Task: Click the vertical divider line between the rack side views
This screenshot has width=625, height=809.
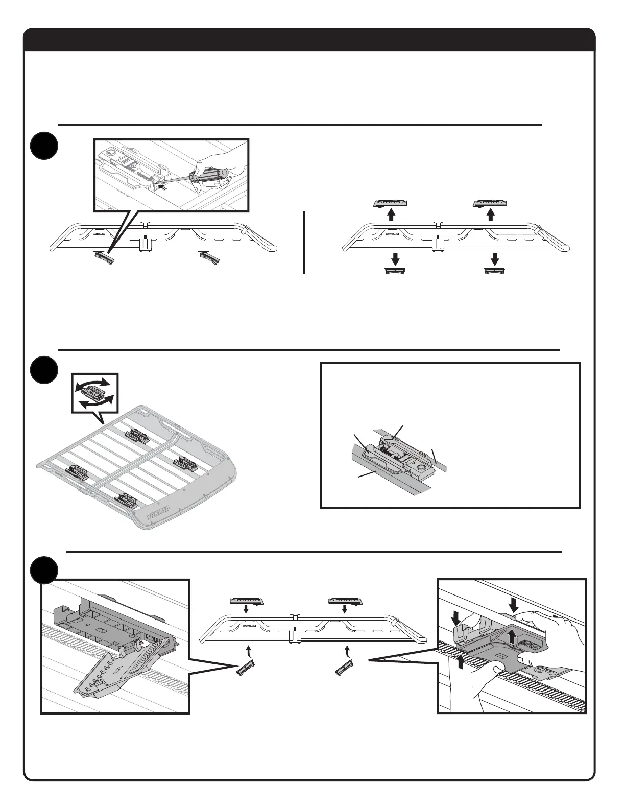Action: click(x=304, y=242)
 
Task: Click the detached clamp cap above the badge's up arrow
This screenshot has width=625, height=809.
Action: click(x=391, y=204)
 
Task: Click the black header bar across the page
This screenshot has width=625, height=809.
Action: click(x=309, y=40)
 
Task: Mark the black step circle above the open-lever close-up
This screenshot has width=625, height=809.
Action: click(x=43, y=569)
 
